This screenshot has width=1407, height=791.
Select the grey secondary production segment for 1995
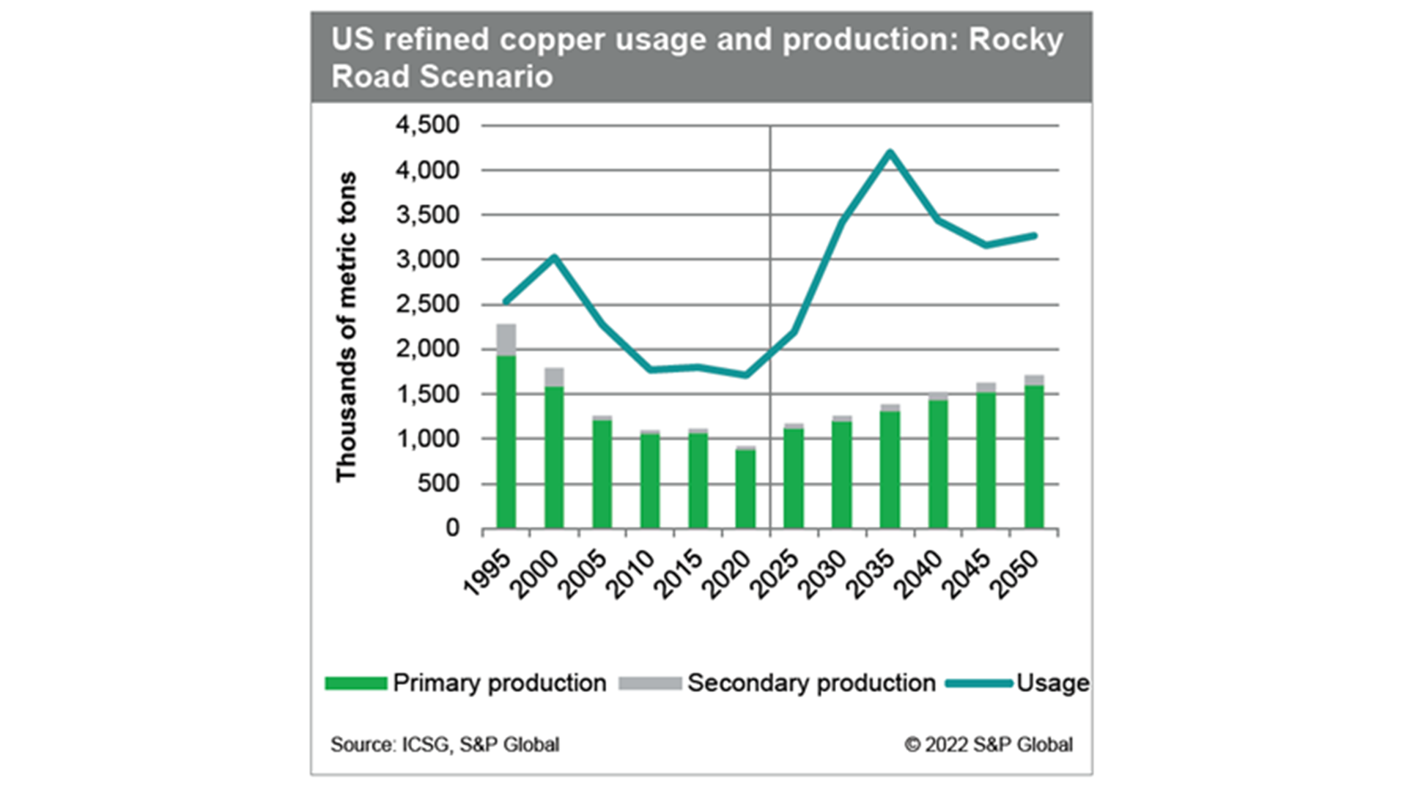tap(506, 339)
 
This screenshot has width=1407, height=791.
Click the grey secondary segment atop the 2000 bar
tap(554, 377)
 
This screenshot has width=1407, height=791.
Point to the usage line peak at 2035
tap(890, 152)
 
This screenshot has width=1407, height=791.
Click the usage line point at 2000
tap(554, 258)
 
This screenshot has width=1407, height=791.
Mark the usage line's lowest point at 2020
tap(745, 375)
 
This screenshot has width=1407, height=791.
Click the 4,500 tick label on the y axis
tap(427, 125)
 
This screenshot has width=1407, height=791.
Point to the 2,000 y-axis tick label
tap(427, 349)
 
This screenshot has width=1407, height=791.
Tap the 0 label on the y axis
tap(452, 528)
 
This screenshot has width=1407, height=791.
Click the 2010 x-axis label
tap(631, 575)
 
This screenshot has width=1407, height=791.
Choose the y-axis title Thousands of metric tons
tap(346, 327)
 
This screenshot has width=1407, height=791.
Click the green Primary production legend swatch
tap(356, 683)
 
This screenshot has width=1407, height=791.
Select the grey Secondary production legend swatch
tap(649, 683)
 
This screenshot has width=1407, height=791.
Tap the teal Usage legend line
tap(978, 683)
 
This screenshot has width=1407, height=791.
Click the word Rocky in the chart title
tap(1015, 40)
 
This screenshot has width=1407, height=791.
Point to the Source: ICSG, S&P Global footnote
tap(444, 745)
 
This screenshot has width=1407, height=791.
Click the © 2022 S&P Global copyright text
tap(988, 745)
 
